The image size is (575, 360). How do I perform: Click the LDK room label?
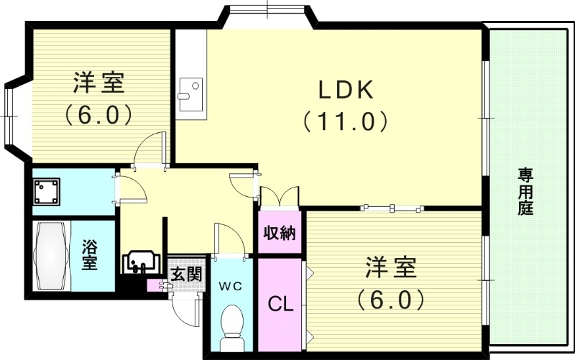click(346, 90)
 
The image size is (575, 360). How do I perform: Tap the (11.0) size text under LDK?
click(346, 120)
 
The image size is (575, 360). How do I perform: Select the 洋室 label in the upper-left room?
click(99, 83)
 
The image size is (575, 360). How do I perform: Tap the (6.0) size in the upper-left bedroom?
click(99, 114)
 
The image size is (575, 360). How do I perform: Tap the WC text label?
click(230, 285)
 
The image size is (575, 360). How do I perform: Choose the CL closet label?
click(280, 304)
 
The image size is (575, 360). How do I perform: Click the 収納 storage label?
click(280, 234)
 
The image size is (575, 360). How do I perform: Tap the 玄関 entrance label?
click(185, 274)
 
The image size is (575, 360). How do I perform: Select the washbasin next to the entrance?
click(140, 262)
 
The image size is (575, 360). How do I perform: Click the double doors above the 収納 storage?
click(279, 196)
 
